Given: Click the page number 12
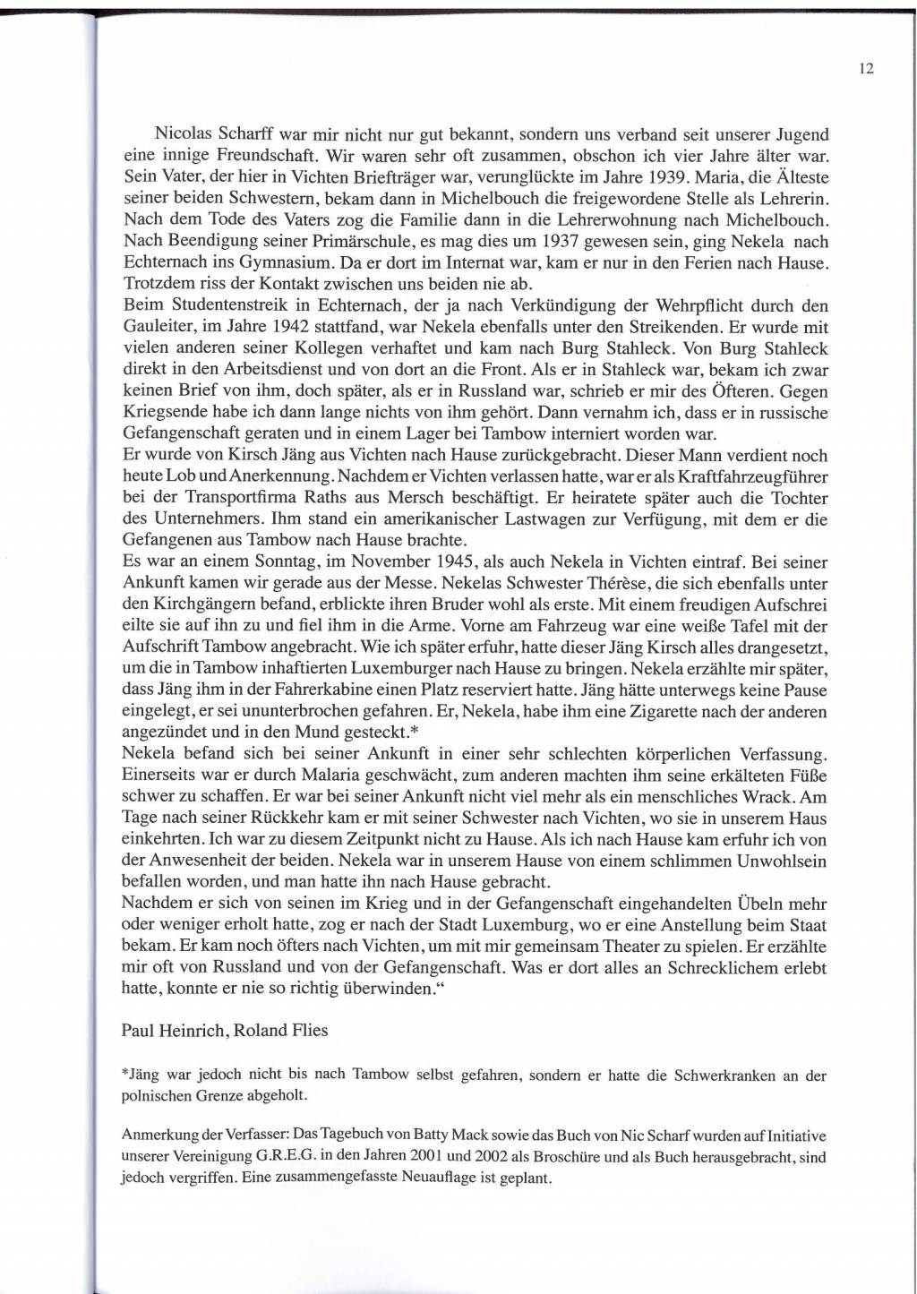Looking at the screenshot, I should point(866,68).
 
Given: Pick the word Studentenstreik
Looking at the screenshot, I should point(230,305).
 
